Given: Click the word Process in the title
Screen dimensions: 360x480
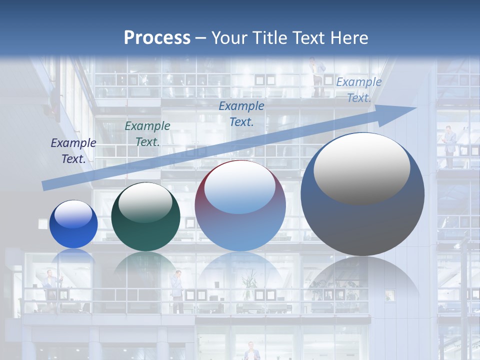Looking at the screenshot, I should (x=157, y=38).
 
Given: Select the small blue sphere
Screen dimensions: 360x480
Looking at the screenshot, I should (x=73, y=224).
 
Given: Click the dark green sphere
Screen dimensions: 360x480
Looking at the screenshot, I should (x=145, y=217).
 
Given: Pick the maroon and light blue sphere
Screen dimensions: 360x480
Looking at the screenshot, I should (x=240, y=206).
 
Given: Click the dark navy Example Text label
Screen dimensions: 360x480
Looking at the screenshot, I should (x=73, y=151).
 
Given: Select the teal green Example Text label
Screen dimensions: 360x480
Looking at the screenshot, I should (x=147, y=134).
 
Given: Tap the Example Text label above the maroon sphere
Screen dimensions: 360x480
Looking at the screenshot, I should (x=241, y=113).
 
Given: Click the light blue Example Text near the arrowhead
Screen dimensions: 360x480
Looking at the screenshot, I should (x=358, y=90).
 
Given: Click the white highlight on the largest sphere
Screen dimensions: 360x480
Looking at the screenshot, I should (x=361, y=167).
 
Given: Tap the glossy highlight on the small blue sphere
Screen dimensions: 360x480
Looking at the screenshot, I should (x=73, y=215).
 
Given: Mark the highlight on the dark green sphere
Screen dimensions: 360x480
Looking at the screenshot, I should (x=145, y=202).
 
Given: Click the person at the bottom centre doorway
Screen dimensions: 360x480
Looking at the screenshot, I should (x=251, y=351).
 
